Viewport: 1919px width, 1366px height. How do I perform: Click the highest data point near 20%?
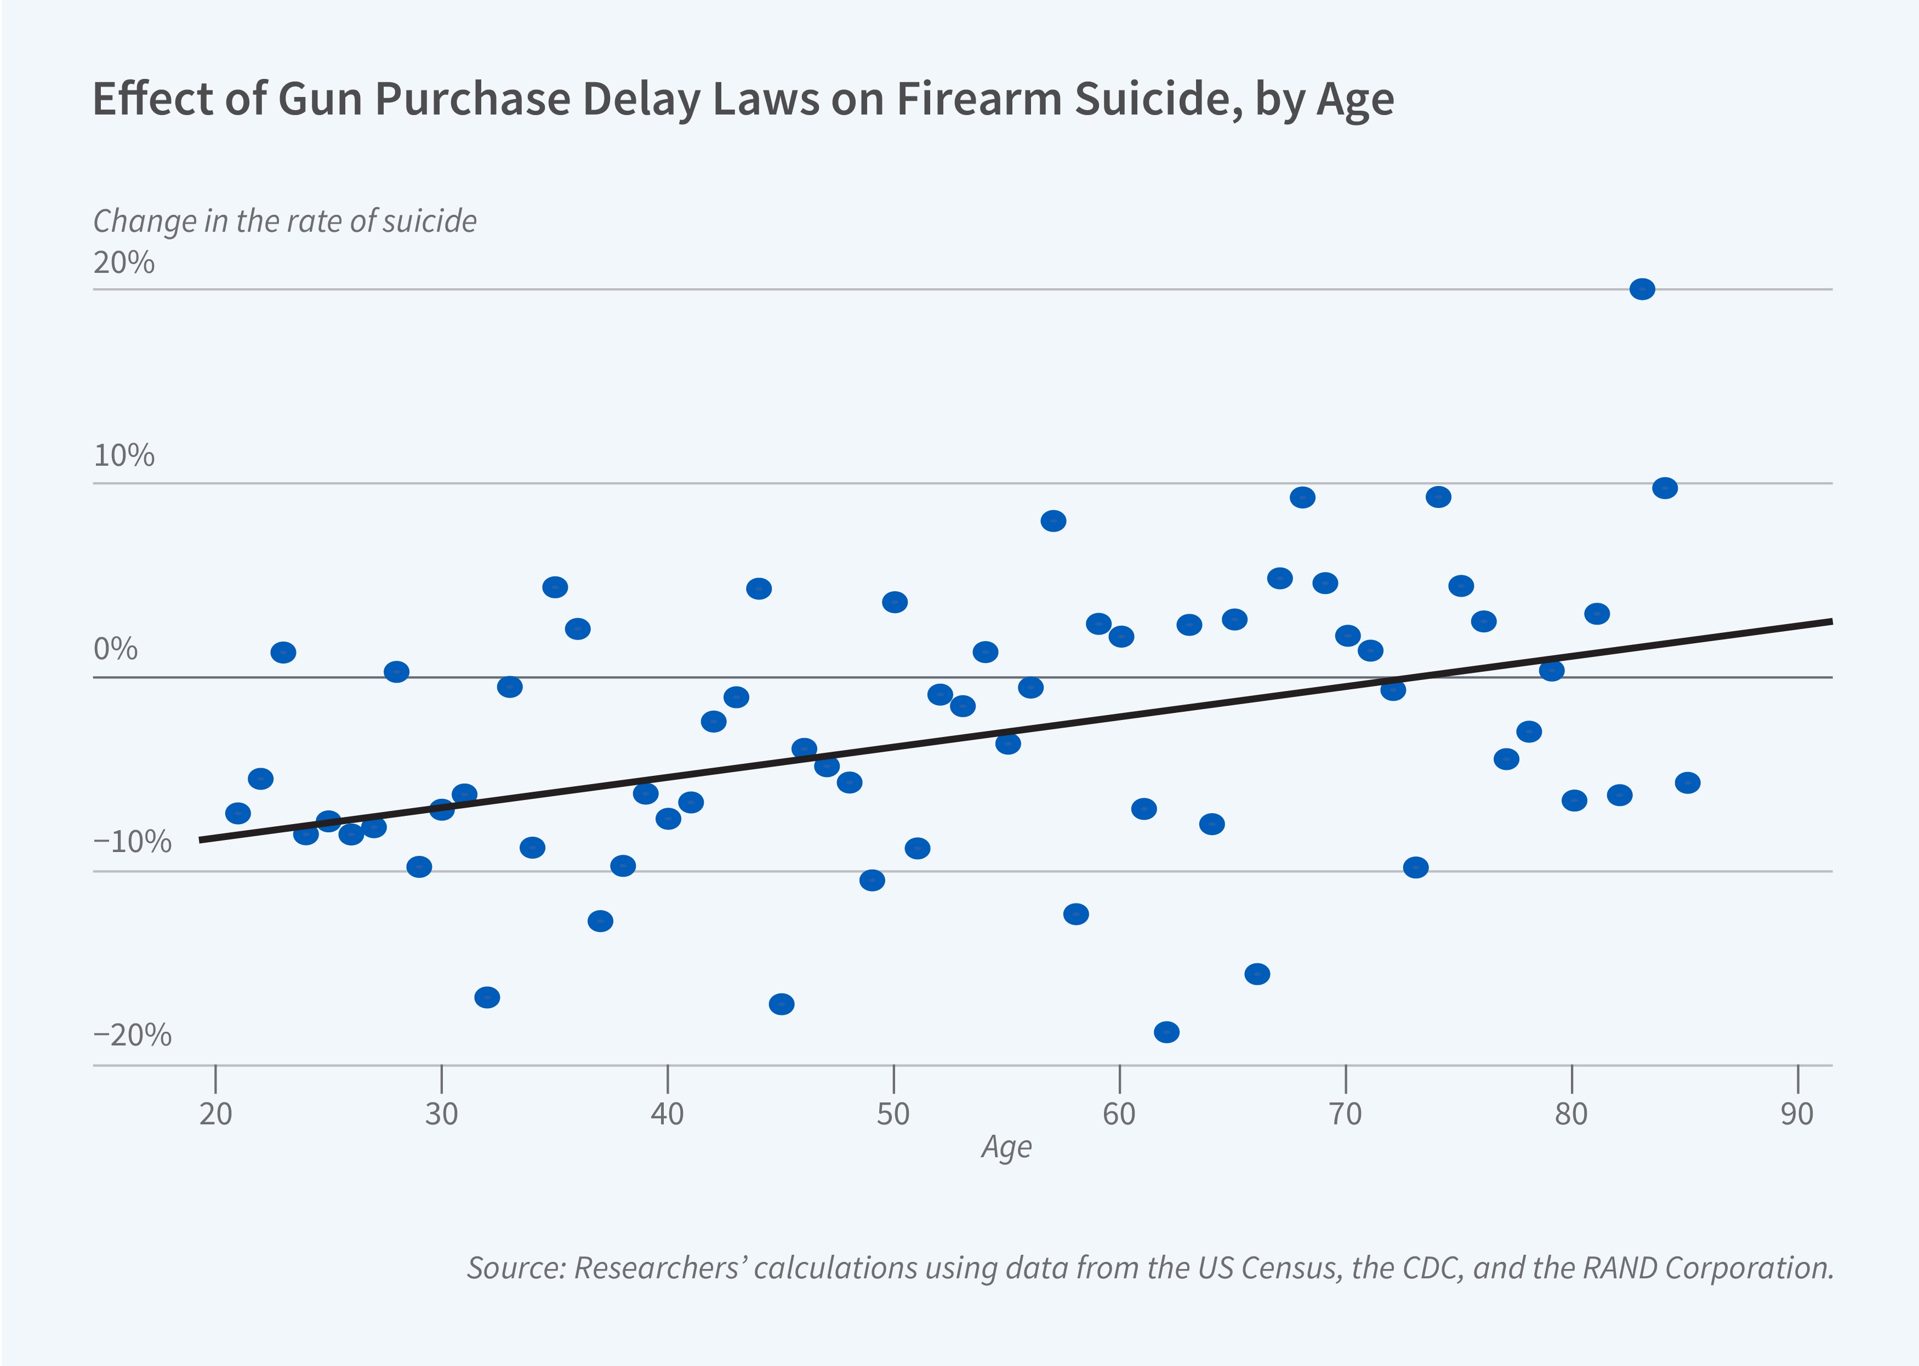pyautogui.click(x=1641, y=289)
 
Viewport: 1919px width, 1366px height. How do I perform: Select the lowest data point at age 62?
pyautogui.click(x=1166, y=1032)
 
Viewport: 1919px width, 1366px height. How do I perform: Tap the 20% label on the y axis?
pyautogui.click(x=124, y=262)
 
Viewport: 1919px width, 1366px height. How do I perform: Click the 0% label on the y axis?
pyautogui.click(x=115, y=649)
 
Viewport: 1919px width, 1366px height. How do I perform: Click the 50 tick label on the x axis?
pyautogui.click(x=892, y=1114)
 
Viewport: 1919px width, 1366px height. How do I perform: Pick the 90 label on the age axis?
pyautogui.click(x=1796, y=1114)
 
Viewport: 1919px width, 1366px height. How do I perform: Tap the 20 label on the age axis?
pyautogui.click(x=215, y=1114)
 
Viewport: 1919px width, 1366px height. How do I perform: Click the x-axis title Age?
pyautogui.click(x=1006, y=1147)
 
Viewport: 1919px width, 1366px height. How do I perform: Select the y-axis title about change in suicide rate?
pyautogui.click(x=284, y=221)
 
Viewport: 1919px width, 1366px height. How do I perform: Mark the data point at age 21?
pyautogui.click(x=238, y=813)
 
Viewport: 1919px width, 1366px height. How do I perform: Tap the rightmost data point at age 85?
pyautogui.click(x=1687, y=783)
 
